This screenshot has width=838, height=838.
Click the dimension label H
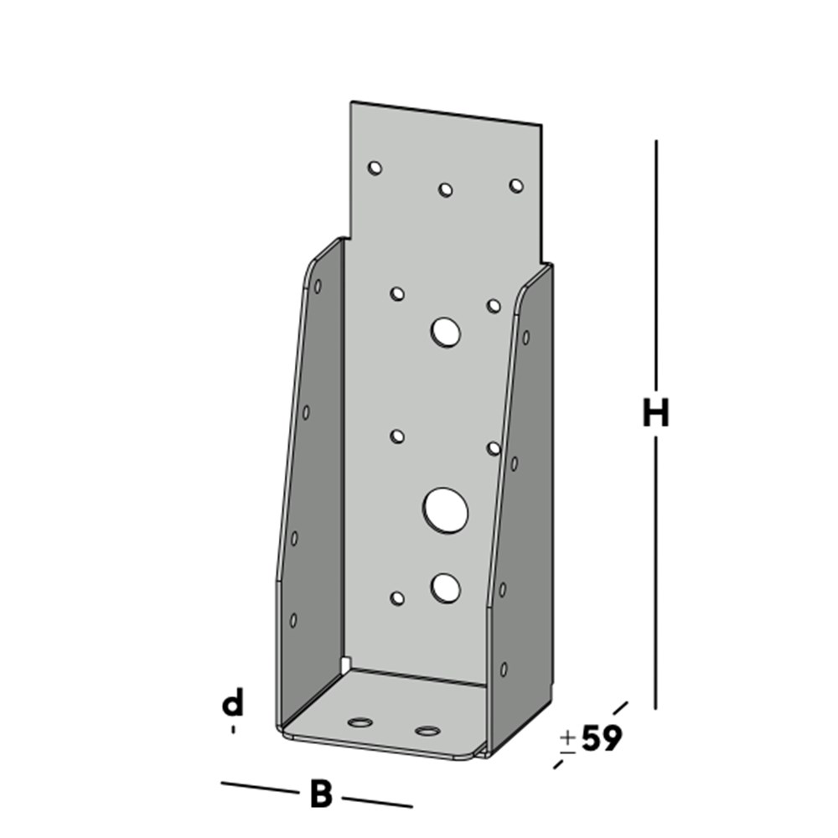click(x=655, y=413)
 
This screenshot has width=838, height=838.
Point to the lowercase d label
click(x=232, y=705)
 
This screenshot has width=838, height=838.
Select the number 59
click(x=602, y=738)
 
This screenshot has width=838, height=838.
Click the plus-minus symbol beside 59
click(x=567, y=741)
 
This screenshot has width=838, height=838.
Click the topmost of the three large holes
click(x=445, y=333)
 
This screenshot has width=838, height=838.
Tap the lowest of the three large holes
click(x=445, y=588)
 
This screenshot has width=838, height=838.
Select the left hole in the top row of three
click(x=375, y=168)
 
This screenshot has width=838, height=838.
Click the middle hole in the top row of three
click(x=445, y=189)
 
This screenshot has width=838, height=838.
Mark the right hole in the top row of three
click(x=515, y=185)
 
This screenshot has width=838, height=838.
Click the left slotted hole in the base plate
click(x=361, y=722)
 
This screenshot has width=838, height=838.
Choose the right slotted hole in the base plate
click(x=427, y=731)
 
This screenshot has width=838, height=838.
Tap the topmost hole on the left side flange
click(x=318, y=287)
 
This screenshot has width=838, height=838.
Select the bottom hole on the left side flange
click(x=293, y=620)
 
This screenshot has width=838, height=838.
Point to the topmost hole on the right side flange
click(x=525, y=337)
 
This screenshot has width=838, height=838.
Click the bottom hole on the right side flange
click(x=504, y=669)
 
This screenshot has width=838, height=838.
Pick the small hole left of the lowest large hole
click(x=397, y=597)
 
